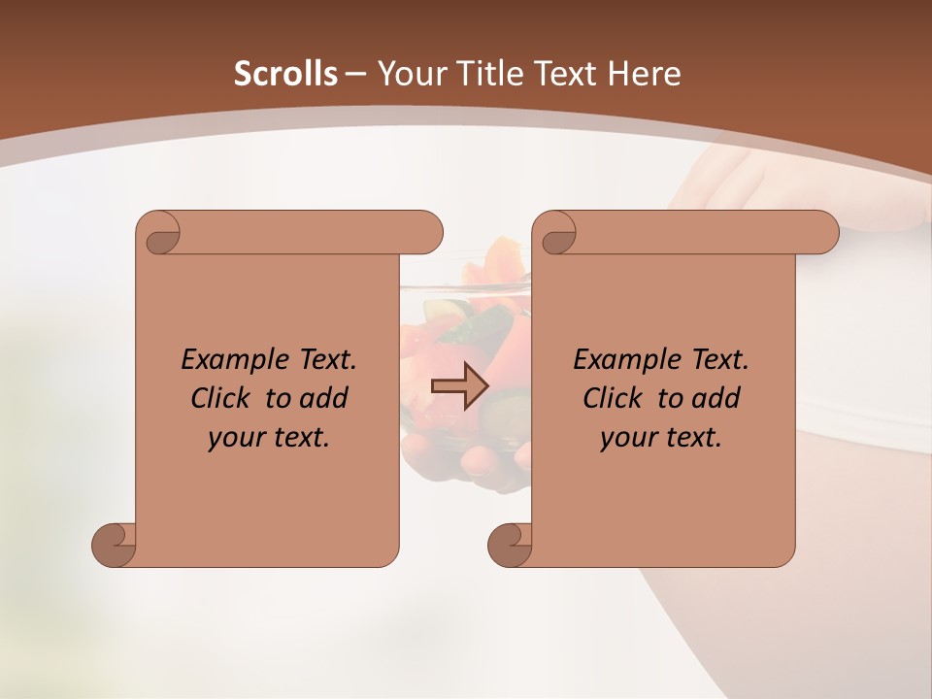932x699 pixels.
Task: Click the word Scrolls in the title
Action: click(285, 74)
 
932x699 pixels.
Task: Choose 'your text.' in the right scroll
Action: click(661, 438)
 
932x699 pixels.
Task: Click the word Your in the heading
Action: click(409, 74)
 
